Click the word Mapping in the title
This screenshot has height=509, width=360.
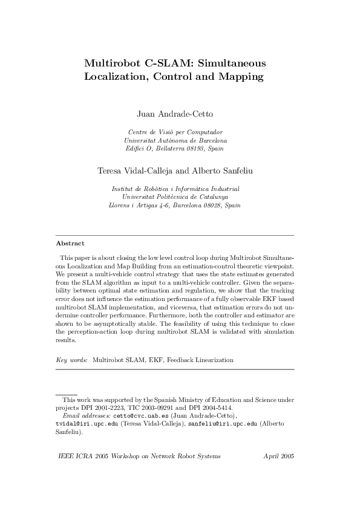click(x=240, y=77)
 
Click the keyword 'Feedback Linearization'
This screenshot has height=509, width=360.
click(x=203, y=360)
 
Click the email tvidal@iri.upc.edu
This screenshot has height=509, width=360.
click(x=87, y=424)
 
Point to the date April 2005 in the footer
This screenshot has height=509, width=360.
click(x=279, y=455)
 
